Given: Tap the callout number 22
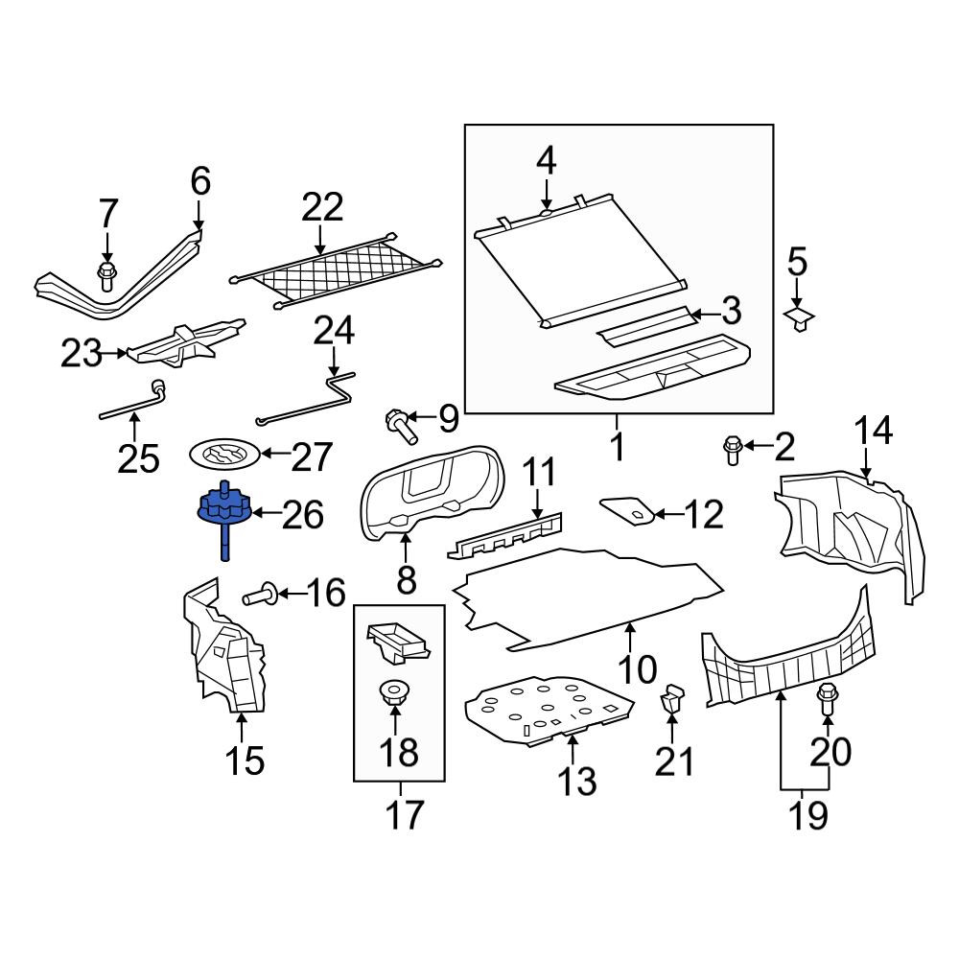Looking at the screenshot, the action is [x=322, y=207].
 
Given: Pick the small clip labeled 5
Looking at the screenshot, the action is [x=799, y=317].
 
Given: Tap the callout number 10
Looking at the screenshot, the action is [x=638, y=669].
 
